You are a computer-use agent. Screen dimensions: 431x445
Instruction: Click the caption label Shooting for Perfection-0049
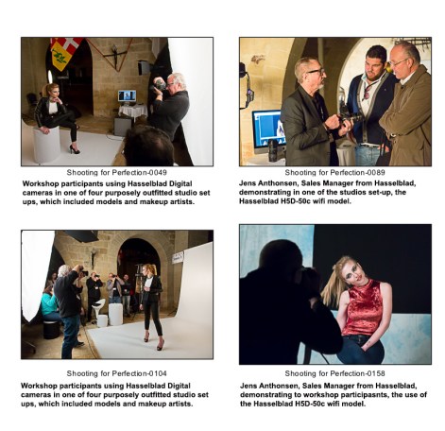click(117, 172)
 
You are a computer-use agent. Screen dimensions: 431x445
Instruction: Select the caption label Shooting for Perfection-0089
click(334, 172)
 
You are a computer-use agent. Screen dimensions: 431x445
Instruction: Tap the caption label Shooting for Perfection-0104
click(117, 373)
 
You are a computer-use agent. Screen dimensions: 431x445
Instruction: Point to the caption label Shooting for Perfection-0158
click(334, 373)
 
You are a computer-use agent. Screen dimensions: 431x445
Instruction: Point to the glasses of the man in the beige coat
click(403, 59)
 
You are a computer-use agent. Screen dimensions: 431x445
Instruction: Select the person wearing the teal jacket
click(48, 302)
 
